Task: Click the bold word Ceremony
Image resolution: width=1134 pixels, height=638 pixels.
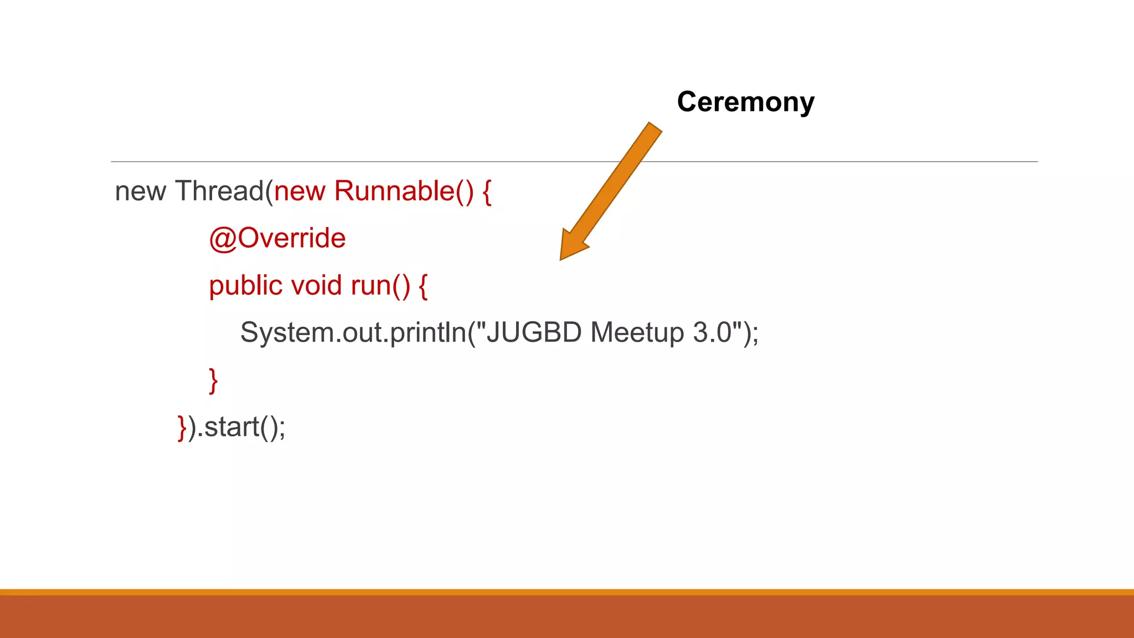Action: [x=745, y=102]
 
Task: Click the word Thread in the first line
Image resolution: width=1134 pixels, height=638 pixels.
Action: [x=219, y=191]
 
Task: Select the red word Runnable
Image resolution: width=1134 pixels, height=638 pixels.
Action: [x=394, y=191]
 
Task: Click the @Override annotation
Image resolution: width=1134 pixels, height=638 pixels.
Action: [x=277, y=238]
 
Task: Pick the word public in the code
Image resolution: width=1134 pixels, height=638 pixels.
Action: [x=245, y=286]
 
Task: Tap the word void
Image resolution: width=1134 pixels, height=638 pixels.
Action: [x=316, y=286]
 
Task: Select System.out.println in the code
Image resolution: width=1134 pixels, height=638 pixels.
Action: [x=353, y=333]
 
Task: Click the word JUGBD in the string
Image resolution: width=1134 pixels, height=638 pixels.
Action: [x=534, y=333]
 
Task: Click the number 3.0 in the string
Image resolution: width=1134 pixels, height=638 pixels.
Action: [x=713, y=333]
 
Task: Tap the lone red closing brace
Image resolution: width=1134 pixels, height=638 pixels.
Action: [x=213, y=380]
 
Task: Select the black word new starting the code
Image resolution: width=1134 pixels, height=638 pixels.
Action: [x=140, y=192]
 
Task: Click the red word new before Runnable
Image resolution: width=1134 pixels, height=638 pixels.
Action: [x=300, y=192]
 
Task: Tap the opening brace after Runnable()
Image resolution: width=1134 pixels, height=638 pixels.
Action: [x=487, y=192]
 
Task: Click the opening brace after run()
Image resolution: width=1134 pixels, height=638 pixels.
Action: [x=423, y=286]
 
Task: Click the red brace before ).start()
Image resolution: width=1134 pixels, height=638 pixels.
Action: [x=182, y=428]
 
